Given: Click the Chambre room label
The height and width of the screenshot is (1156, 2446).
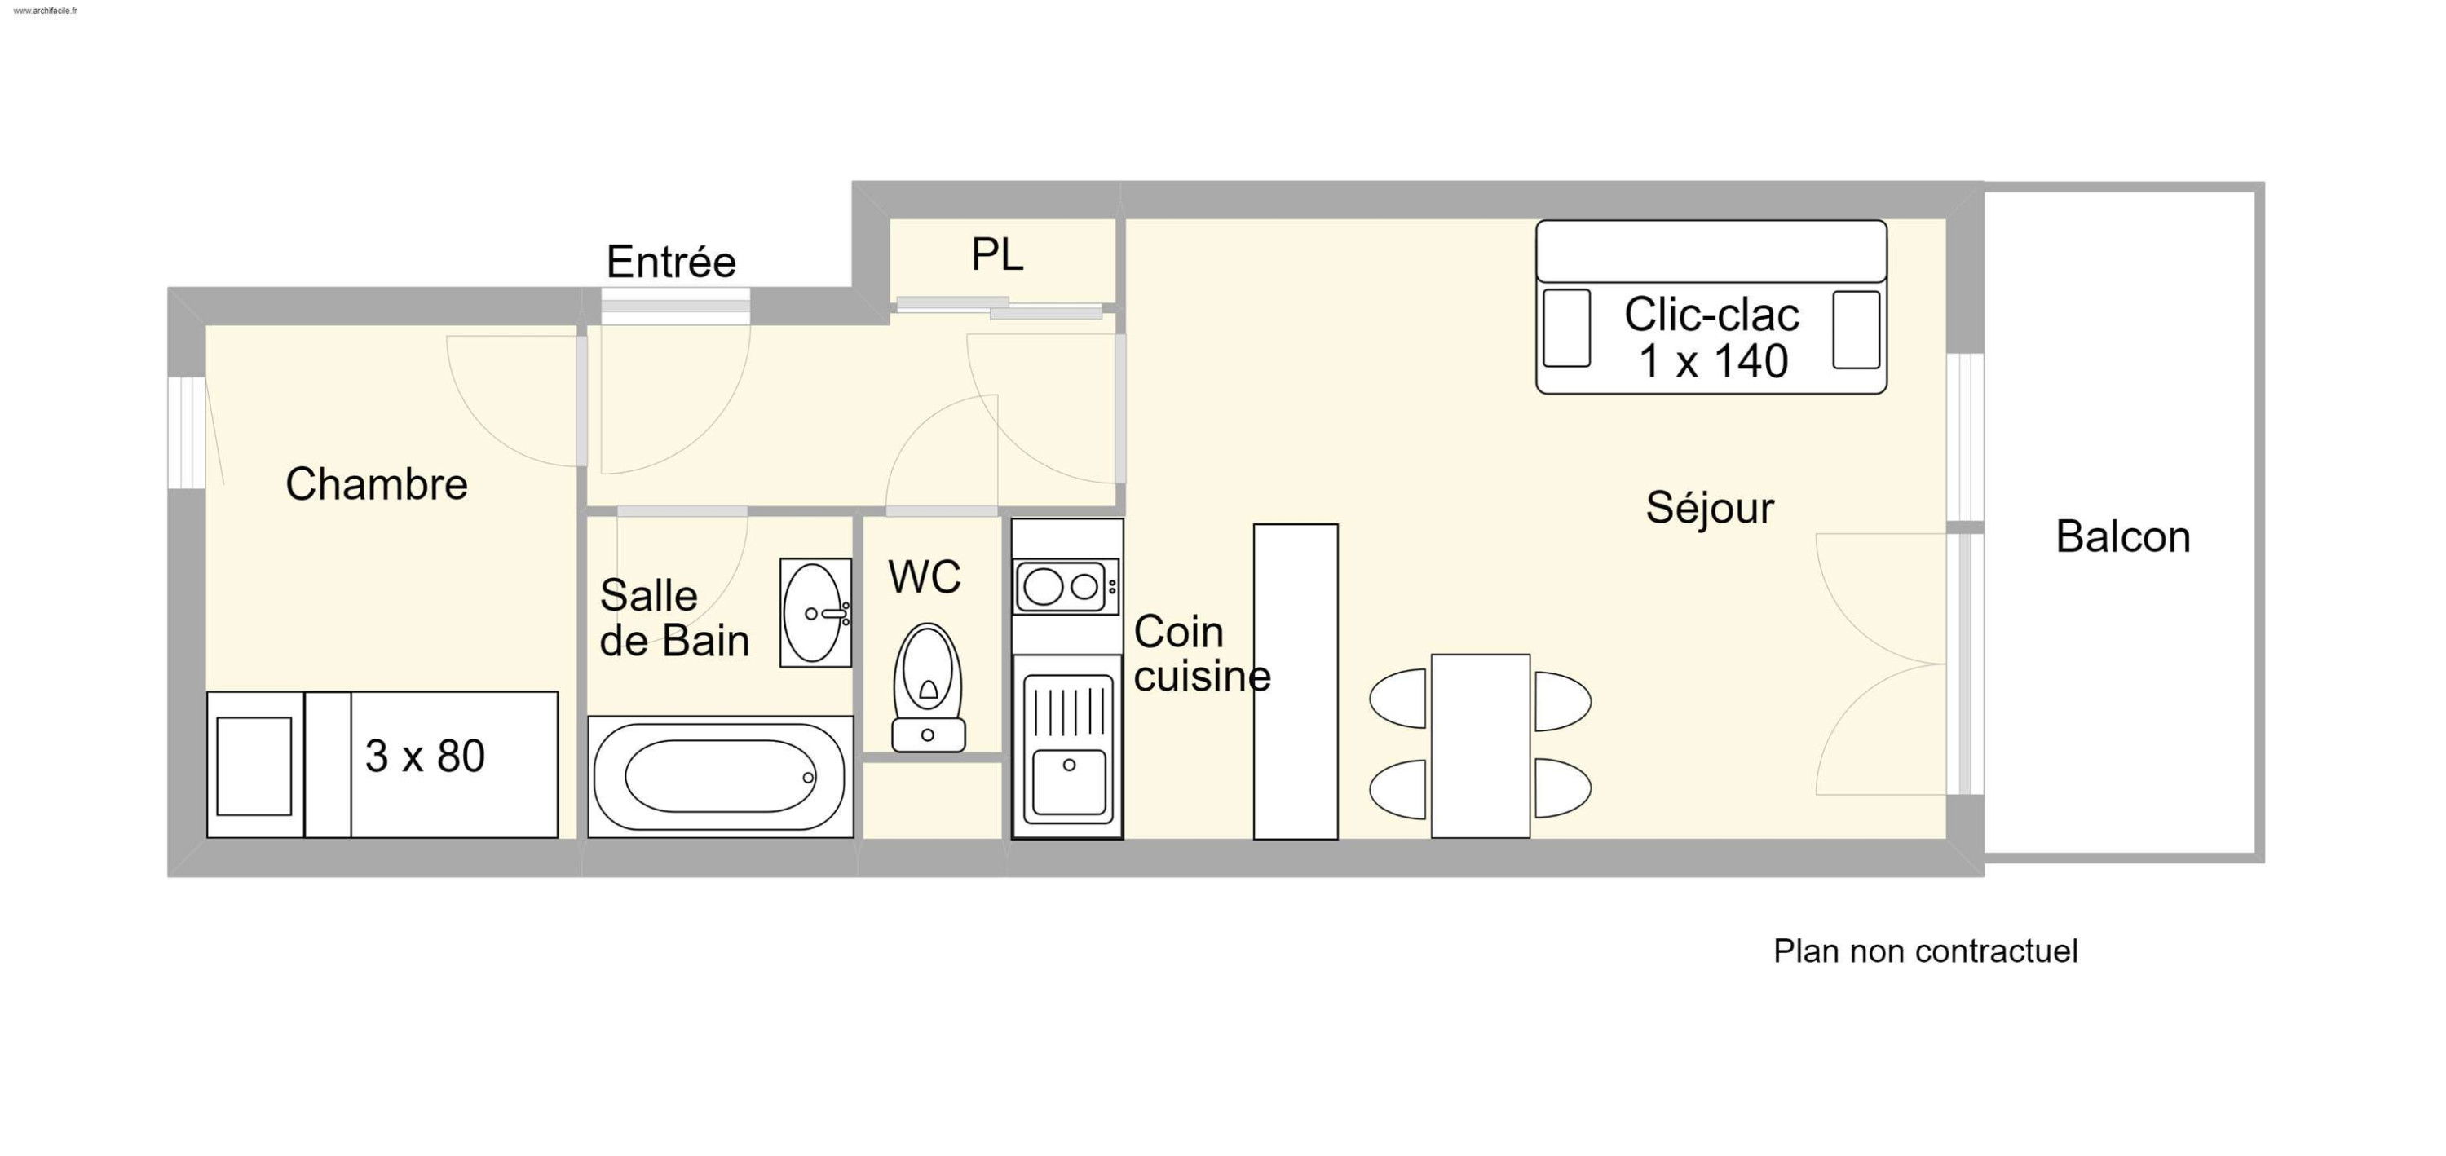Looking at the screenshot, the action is tap(376, 485).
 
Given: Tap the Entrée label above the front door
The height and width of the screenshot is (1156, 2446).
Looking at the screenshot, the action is tap(671, 262).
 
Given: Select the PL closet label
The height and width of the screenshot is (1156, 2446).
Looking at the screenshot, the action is tap(997, 254).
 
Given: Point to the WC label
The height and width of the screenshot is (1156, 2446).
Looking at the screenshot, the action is tap(924, 576).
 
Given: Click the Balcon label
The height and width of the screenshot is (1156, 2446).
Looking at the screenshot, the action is tap(2123, 537).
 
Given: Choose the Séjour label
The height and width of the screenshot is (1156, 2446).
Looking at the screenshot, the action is tap(1709, 508).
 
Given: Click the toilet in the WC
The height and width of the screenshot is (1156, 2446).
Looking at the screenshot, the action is tap(928, 688).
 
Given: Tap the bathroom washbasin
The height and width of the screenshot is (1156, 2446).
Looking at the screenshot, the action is tap(815, 613).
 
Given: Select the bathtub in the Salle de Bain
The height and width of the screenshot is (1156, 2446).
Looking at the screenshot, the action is tap(720, 777).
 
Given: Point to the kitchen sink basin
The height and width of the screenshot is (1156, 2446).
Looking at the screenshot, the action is tap(1068, 781).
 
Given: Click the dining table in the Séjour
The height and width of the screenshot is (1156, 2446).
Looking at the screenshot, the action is tap(1481, 746).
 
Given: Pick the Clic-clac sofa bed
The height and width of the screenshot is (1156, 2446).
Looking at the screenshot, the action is tap(1711, 307).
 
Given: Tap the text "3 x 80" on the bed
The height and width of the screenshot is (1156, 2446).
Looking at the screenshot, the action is tap(425, 757).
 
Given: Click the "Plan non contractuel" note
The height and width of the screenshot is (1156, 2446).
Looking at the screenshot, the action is tap(1926, 951).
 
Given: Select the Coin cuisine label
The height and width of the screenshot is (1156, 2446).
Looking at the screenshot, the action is tap(1201, 654).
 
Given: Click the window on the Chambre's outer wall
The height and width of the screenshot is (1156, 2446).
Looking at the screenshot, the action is tap(187, 433).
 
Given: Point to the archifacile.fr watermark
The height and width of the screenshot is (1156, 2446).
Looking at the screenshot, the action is tap(46, 11).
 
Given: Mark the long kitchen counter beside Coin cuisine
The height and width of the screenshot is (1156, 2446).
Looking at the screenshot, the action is tap(1296, 682).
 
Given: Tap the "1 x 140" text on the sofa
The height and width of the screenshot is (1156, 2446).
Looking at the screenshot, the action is tap(1713, 362).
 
